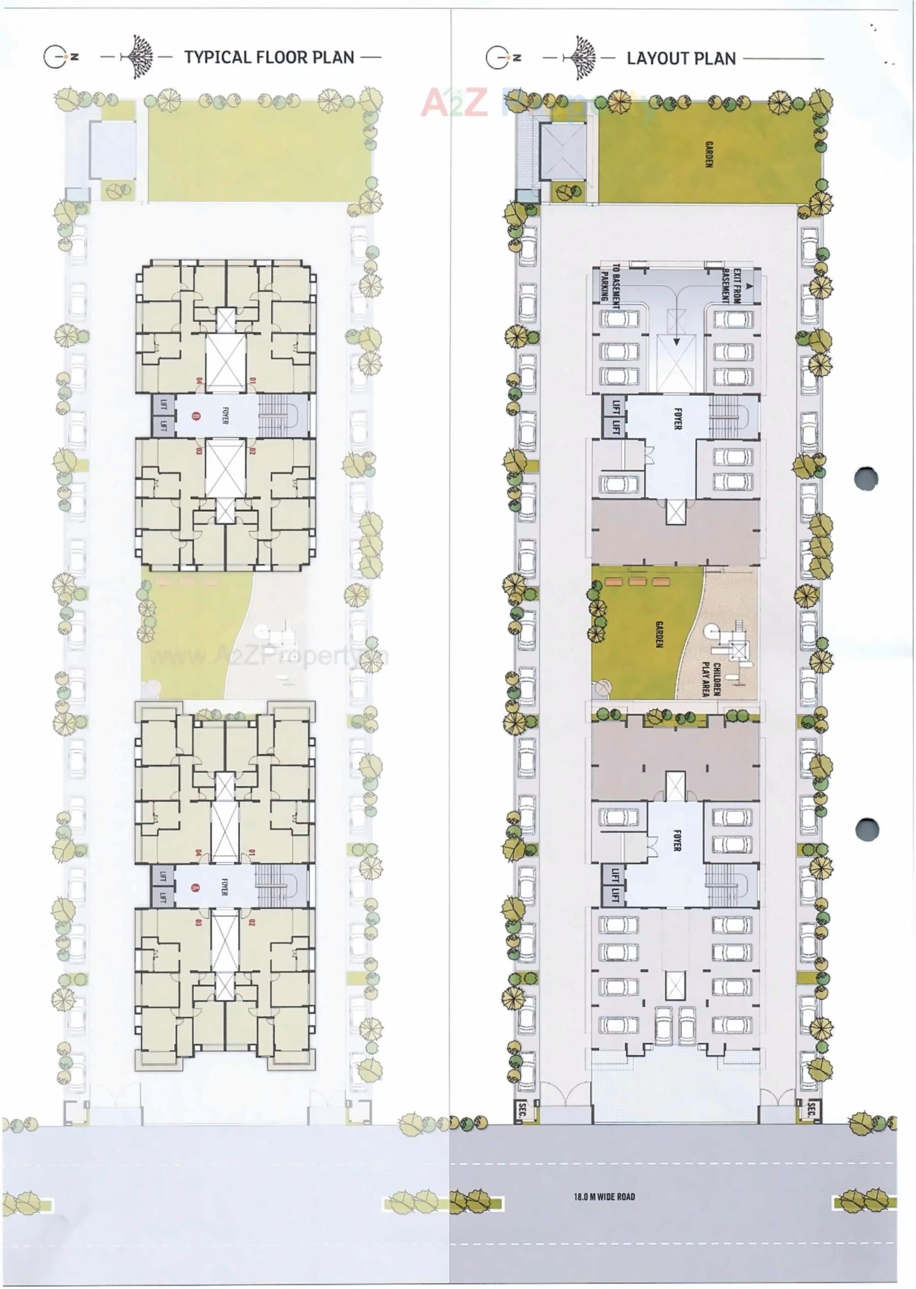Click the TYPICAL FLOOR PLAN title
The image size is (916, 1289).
[x=269, y=57]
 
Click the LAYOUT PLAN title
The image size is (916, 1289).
[x=681, y=58]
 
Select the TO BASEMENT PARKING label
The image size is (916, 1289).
[x=610, y=283]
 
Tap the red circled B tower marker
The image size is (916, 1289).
[x=196, y=417]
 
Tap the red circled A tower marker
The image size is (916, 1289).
[x=196, y=887]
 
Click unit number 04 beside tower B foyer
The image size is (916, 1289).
[x=199, y=380]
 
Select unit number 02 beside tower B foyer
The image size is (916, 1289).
[x=252, y=451]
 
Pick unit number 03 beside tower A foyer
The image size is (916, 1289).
[x=199, y=923]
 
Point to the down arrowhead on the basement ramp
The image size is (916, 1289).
[x=677, y=341]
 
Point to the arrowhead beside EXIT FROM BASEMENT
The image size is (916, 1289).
[x=749, y=286]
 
